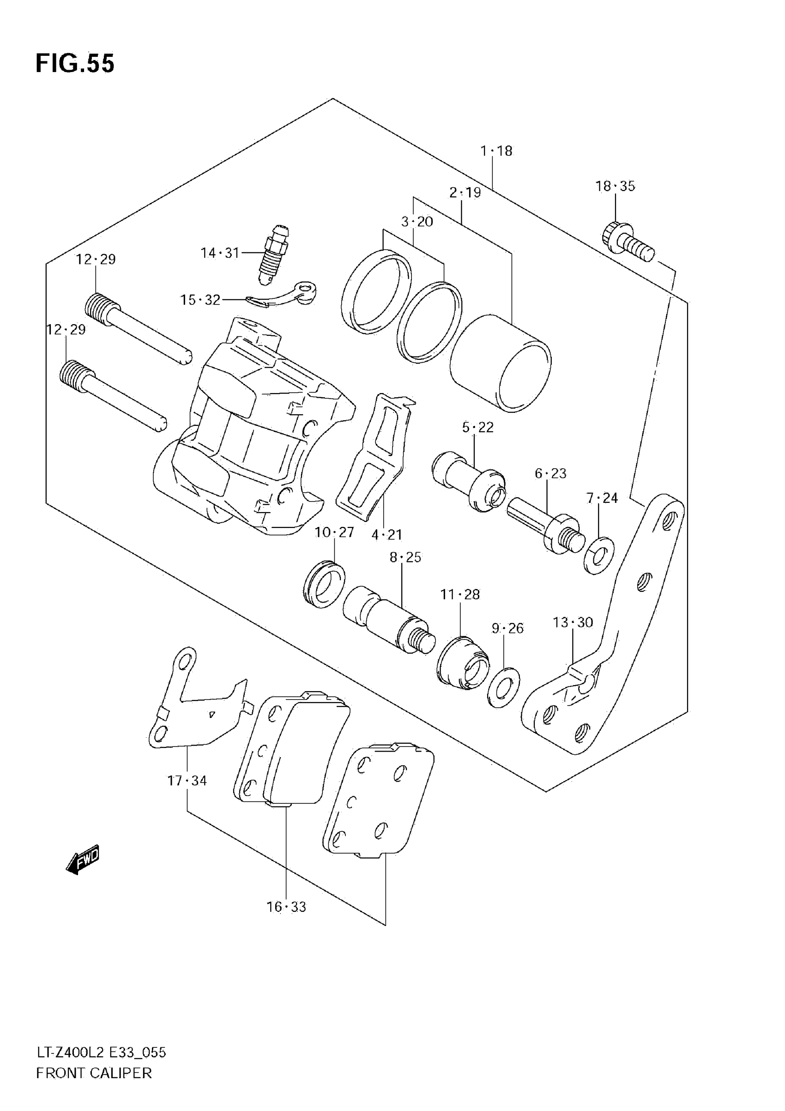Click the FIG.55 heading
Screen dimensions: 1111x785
point(75,63)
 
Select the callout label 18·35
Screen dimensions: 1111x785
point(615,186)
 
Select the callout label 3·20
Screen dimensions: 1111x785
point(417,221)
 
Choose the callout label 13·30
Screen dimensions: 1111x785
point(573,622)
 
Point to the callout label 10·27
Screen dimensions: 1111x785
point(334,532)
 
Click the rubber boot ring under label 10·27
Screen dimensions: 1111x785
point(324,584)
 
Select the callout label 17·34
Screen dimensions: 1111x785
point(187,781)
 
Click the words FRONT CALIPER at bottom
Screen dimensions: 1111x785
point(94,1087)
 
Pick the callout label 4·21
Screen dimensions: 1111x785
point(387,535)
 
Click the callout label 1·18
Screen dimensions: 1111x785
point(496,151)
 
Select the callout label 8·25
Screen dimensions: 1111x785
point(405,557)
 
